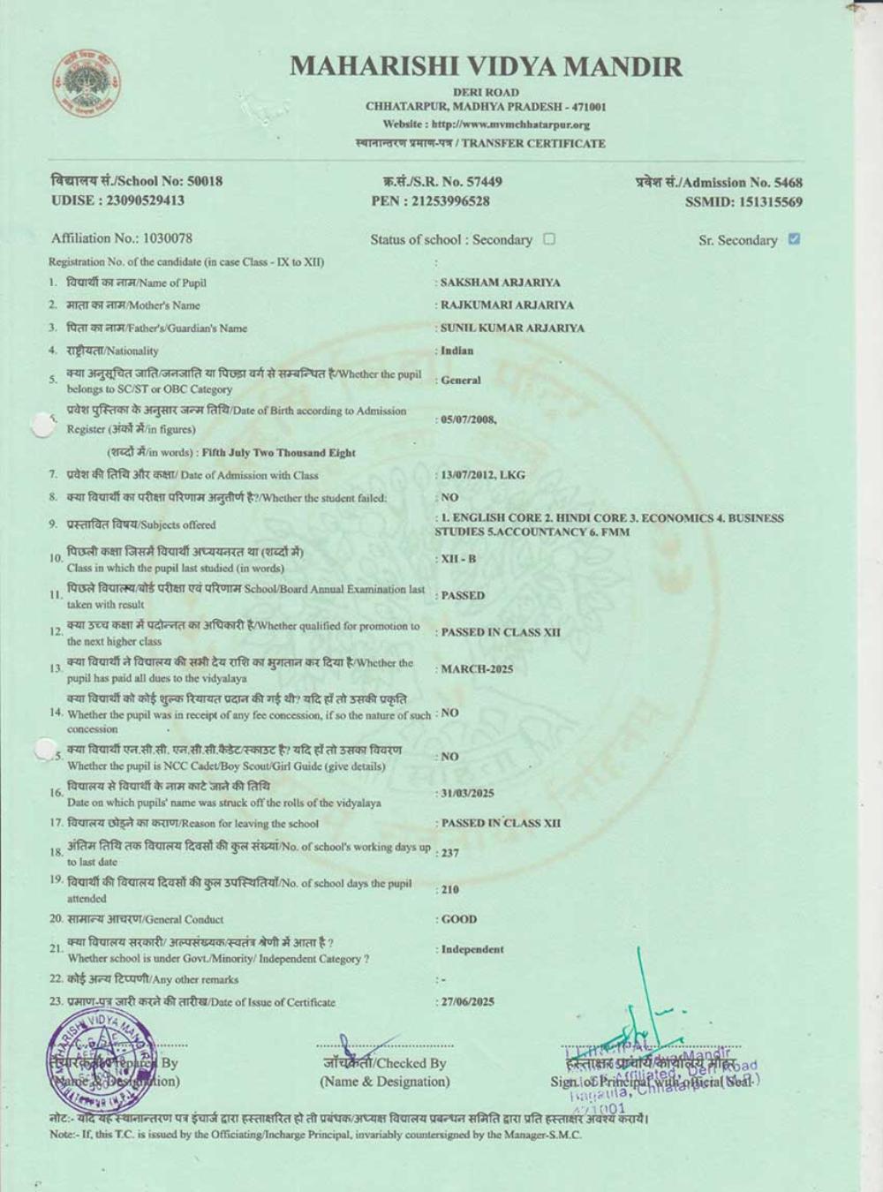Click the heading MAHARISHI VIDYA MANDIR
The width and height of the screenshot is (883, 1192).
coord(486,66)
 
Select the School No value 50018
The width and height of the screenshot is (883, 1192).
coord(205,181)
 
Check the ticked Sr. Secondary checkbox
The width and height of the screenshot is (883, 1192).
coord(794,239)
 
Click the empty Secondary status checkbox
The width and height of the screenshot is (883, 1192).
coord(549,239)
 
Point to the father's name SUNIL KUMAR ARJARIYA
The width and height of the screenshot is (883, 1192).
coord(512,328)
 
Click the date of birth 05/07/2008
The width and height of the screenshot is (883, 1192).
coord(469,420)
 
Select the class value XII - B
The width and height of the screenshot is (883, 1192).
coord(458,559)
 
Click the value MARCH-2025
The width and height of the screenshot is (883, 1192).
coord(477,669)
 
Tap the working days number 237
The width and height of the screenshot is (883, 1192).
coord(450,853)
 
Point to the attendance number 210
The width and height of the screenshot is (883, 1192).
coord(450,890)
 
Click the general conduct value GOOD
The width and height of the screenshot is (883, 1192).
coord(458,920)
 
